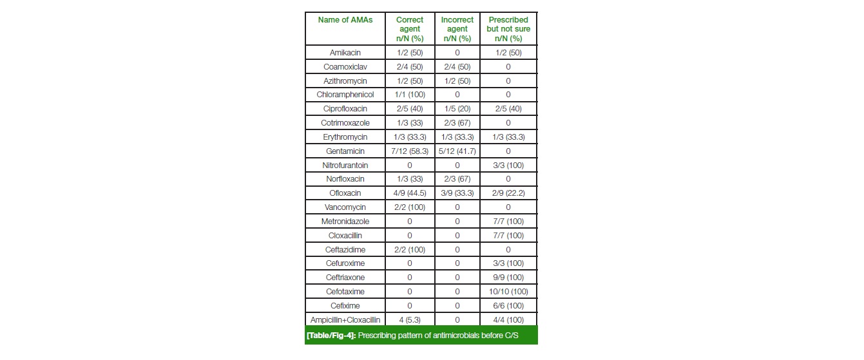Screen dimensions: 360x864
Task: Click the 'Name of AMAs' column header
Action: [x=345, y=20]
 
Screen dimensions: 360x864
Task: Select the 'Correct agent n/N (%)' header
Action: [x=409, y=29]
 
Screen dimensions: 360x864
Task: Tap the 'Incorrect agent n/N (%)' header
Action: [x=457, y=29]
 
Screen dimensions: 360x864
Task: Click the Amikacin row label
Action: [x=345, y=53]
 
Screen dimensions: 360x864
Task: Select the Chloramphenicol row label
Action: [x=345, y=95]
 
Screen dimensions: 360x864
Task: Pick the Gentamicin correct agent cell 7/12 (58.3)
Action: [x=409, y=151]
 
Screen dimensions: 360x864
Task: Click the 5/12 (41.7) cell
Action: [x=457, y=151]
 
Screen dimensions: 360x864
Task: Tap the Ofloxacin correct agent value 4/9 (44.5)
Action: [x=409, y=193]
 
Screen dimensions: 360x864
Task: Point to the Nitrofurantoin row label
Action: [x=345, y=165]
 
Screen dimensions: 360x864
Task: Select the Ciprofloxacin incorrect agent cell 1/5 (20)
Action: [x=457, y=109]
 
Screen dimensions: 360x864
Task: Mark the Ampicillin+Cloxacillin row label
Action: [x=345, y=320]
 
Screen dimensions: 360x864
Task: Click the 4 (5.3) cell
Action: [x=409, y=320]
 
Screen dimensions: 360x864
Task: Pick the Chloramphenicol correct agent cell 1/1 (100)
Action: [x=409, y=95]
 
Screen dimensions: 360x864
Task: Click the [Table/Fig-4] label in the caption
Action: [x=331, y=336]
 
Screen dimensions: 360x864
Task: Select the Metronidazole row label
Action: [x=345, y=222]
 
